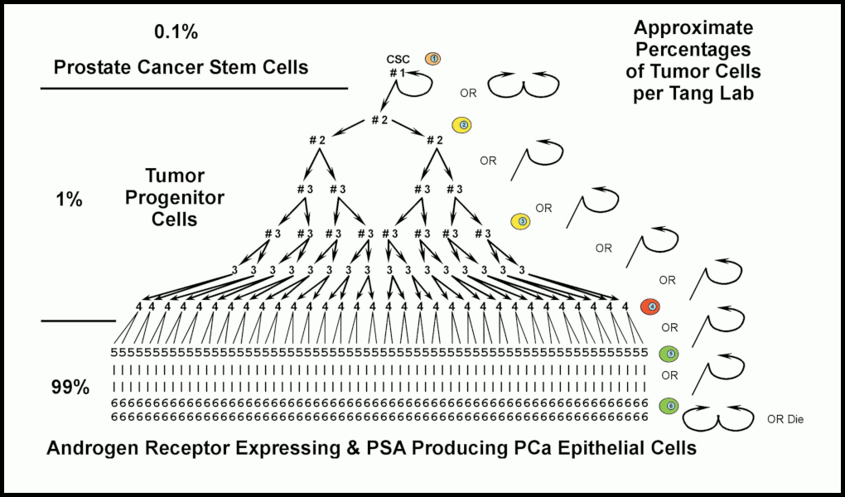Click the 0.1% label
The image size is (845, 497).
tap(176, 33)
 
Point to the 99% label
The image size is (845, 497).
tap(70, 387)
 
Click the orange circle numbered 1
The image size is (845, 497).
tap(433, 58)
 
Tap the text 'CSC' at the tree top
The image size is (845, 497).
tap(399, 59)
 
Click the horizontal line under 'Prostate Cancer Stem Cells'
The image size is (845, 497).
tap(194, 87)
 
